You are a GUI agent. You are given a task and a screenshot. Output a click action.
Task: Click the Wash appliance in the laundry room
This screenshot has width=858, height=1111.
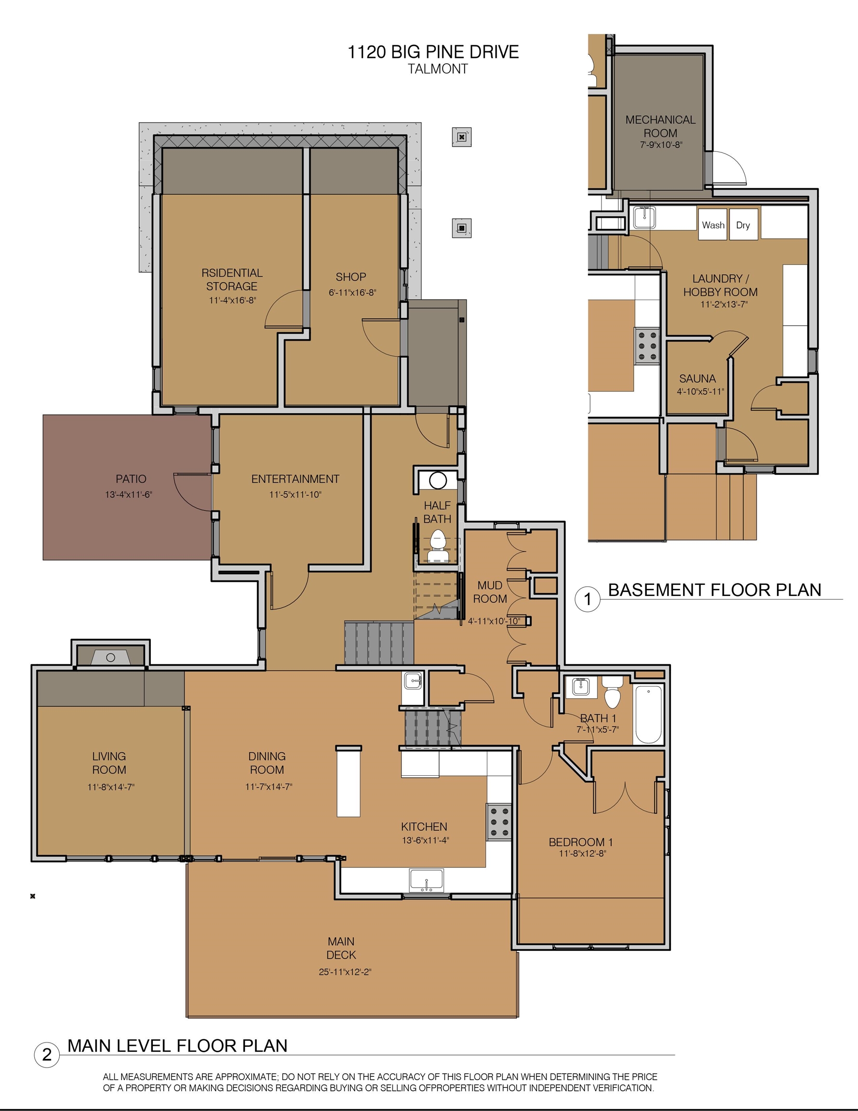point(712,224)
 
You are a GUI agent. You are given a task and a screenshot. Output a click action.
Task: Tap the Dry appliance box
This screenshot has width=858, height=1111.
point(744,224)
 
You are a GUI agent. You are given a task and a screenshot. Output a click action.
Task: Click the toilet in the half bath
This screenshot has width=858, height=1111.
point(437,546)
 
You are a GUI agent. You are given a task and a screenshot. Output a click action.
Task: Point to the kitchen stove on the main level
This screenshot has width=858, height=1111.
point(498,822)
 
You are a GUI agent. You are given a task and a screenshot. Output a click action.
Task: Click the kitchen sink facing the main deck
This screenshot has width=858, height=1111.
point(427,880)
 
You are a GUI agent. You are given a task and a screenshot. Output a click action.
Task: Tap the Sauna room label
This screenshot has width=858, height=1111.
point(697,379)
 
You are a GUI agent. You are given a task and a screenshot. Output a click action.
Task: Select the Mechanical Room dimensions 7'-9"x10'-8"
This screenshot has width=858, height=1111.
point(661,145)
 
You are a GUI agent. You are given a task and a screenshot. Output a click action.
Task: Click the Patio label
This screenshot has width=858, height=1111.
point(131,479)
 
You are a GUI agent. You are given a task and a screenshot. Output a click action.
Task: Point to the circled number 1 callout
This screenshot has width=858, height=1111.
point(588,599)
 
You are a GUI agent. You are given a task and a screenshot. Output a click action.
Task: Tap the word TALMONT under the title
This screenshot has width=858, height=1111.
point(438,69)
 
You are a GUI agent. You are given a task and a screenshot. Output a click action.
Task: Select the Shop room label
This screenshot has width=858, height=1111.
point(351,277)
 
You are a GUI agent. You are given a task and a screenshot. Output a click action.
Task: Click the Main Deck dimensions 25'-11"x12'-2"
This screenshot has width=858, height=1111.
point(345,972)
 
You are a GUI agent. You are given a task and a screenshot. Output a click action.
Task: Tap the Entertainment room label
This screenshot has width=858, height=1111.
point(295,479)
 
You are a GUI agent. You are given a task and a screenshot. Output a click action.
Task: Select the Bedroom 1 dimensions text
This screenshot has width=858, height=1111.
point(582,854)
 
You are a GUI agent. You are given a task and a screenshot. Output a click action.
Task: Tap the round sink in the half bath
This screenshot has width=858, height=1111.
point(438,480)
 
